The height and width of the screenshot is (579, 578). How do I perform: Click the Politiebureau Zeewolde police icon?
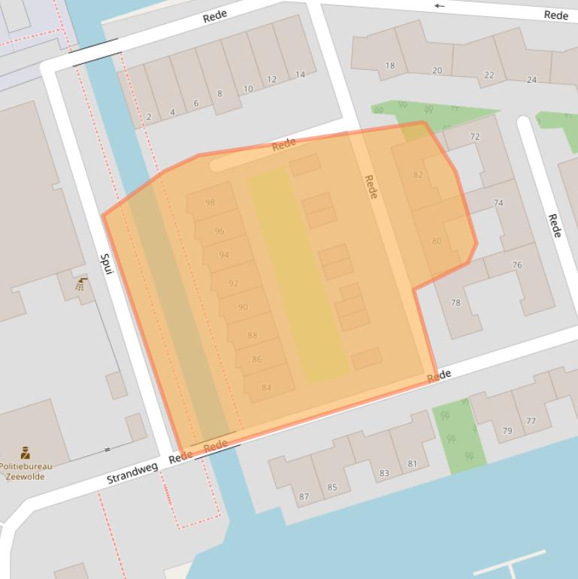point(25,452)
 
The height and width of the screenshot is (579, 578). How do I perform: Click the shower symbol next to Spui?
point(81,284)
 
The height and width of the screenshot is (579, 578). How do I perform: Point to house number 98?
point(210,203)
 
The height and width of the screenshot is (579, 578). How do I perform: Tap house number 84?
point(266,388)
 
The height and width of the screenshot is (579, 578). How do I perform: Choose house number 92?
point(233,283)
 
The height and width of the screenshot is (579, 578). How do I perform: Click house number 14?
point(300,74)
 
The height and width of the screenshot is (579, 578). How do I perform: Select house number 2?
point(149,117)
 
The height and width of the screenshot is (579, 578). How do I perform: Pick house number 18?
point(389,66)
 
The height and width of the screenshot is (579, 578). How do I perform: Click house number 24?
point(531,80)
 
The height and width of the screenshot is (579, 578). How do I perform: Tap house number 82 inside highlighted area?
point(418,175)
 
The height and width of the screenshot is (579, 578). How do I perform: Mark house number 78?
point(455,303)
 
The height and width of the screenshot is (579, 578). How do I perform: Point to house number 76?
point(516,265)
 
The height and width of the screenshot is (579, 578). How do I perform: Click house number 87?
point(304,496)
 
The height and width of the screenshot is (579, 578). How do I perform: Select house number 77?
point(531,421)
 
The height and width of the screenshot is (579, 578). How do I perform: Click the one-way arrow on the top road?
point(440,6)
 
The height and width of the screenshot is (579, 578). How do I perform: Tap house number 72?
point(474,137)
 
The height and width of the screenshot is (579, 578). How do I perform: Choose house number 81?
point(412,464)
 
